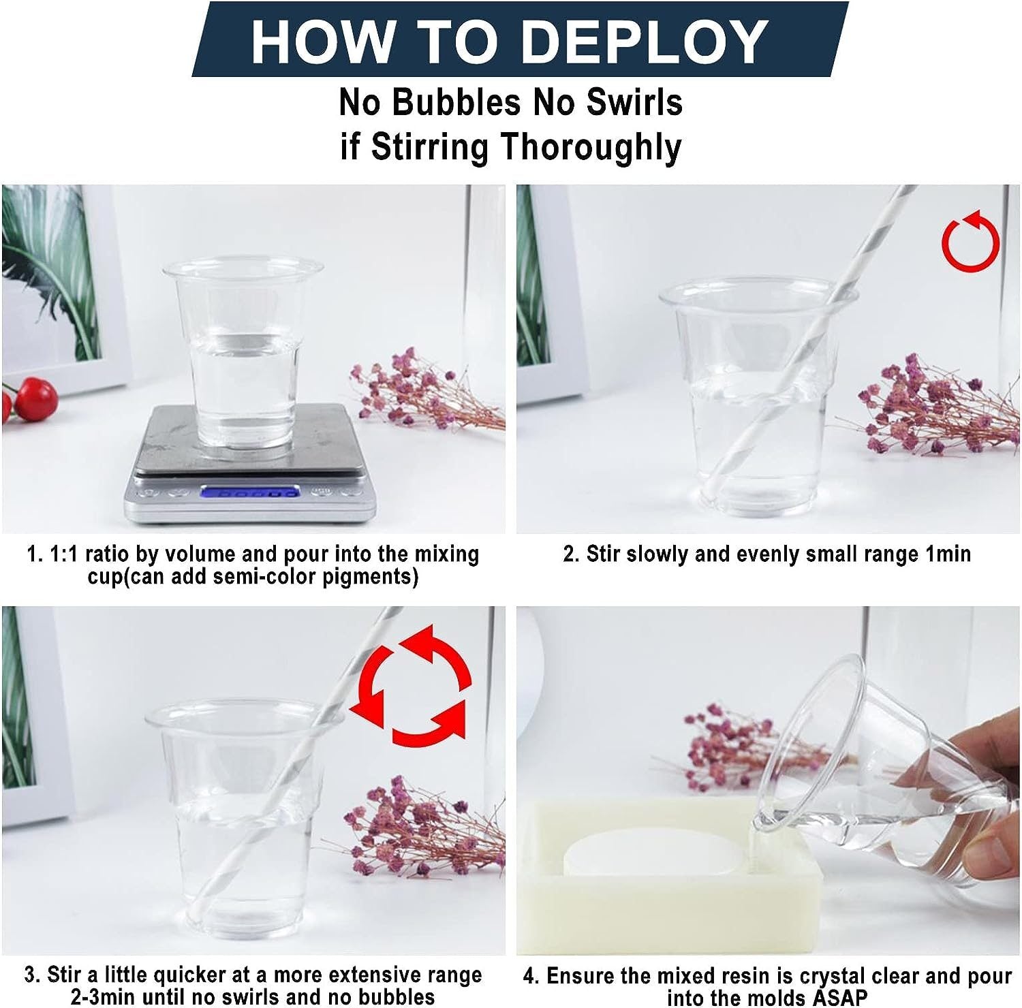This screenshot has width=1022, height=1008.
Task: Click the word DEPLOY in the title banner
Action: coord(647,41)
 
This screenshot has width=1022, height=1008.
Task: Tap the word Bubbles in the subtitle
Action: coord(456,103)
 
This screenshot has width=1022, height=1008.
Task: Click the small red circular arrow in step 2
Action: coord(971,240)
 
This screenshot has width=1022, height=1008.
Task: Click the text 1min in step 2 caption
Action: coord(948,554)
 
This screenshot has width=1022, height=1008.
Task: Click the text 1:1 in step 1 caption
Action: coord(65,554)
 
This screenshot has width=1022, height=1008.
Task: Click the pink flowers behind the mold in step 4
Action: coord(736,749)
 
